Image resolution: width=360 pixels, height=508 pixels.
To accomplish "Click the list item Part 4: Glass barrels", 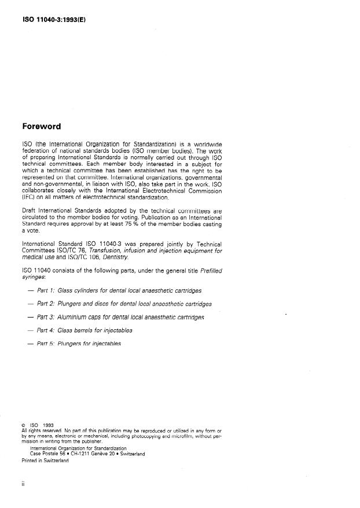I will [x=85, y=330].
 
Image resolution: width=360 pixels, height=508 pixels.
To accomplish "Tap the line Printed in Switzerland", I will [x=45, y=461].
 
